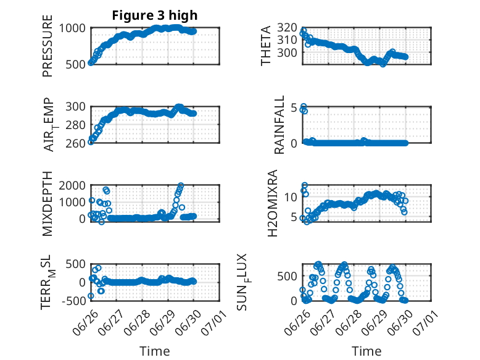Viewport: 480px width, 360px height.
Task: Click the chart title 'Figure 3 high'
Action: click(155, 15)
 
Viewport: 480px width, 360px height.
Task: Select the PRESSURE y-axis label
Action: click(48, 46)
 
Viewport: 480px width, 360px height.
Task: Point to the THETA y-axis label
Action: click(266, 46)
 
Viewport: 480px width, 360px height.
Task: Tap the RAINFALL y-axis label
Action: click(279, 125)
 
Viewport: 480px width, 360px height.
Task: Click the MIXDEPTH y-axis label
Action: click(48, 203)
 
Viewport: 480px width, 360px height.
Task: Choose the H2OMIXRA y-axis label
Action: click(272, 203)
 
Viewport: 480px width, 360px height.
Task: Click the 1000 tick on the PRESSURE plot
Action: click(72, 28)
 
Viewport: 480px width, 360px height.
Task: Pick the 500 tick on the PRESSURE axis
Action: click(76, 65)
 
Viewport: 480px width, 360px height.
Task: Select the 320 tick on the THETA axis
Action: click(288, 28)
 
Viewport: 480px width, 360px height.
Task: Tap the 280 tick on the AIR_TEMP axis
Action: click(76, 125)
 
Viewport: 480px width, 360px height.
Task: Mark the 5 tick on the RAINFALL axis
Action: click(294, 108)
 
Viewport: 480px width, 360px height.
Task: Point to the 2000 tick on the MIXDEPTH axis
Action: click(72, 185)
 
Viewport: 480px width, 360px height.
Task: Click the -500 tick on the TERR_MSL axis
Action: click(74, 301)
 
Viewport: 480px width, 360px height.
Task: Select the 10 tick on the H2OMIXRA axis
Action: click(291, 197)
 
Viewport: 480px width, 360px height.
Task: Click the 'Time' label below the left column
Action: click(155, 351)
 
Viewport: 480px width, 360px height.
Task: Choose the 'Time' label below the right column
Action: click(366, 351)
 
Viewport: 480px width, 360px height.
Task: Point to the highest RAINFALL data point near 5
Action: click(304, 107)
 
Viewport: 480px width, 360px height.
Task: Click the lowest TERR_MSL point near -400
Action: click(91, 296)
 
